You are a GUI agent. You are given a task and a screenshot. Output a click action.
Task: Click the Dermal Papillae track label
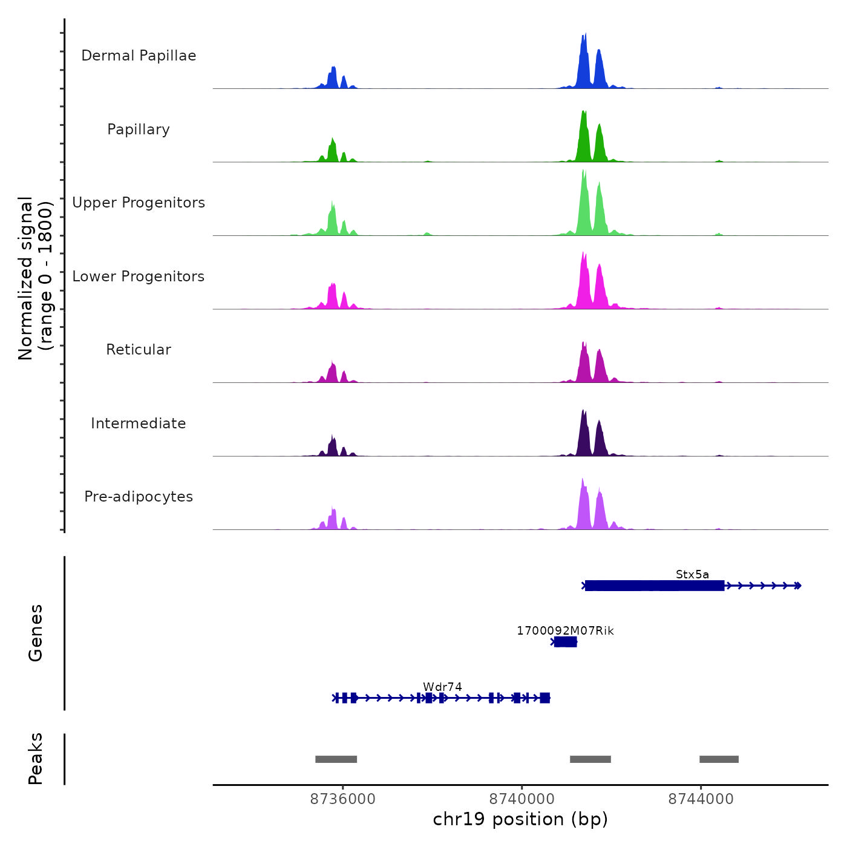point(139,56)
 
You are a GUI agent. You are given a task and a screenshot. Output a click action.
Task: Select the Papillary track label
point(139,129)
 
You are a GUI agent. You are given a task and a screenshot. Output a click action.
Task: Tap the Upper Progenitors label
point(139,203)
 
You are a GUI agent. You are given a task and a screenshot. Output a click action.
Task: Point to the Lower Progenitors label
point(139,276)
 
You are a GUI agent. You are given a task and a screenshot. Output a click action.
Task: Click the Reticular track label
point(139,350)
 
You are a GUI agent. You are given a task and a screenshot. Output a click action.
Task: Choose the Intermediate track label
point(139,423)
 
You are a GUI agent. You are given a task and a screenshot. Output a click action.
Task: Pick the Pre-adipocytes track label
point(139,497)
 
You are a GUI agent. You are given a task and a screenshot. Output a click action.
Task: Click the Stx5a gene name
point(692,575)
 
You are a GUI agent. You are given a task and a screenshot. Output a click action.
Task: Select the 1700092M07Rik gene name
point(565,631)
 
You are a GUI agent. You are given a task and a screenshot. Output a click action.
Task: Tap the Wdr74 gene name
point(442,687)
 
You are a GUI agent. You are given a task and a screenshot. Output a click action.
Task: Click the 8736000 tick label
point(342,799)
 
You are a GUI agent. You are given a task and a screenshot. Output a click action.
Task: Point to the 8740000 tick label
point(522,799)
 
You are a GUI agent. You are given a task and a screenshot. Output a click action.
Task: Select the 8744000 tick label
point(701,799)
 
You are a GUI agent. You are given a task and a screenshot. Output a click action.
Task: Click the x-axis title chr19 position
point(520,819)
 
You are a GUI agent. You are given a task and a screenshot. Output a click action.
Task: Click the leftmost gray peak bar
point(336,759)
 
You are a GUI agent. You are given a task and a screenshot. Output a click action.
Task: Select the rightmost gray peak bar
point(719,759)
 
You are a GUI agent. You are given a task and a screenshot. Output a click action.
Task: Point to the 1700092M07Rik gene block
point(566,642)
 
